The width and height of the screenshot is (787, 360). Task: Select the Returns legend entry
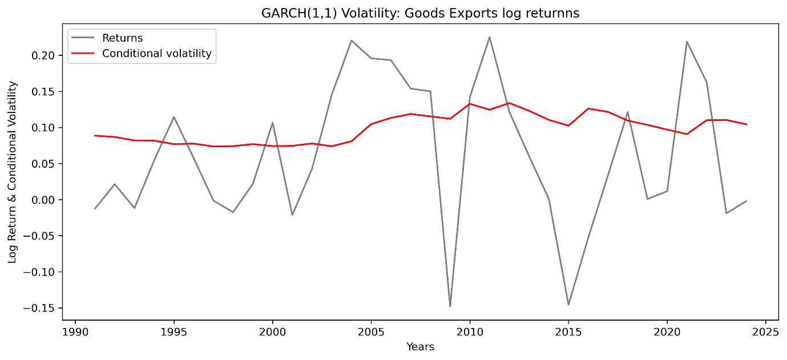pos(122,38)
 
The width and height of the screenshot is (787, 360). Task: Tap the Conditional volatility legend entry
pos(156,54)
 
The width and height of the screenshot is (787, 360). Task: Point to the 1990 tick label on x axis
pos(75,331)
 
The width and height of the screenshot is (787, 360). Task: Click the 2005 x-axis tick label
pos(371,331)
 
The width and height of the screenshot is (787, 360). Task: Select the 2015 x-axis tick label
pos(568,331)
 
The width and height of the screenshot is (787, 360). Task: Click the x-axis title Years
pos(420,346)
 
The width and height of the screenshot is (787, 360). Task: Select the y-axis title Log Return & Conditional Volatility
pos(13,172)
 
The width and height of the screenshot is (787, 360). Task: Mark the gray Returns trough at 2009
pos(450,306)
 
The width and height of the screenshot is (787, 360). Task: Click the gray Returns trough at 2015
pos(568,305)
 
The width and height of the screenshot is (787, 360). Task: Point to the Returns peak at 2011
pos(490,37)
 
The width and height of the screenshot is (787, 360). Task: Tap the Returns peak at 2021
pos(687,41)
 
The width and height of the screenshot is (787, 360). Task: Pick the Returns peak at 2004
pos(352,41)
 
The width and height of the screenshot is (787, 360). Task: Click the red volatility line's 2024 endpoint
pos(746,124)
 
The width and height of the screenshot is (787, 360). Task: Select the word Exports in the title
pos(465,13)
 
